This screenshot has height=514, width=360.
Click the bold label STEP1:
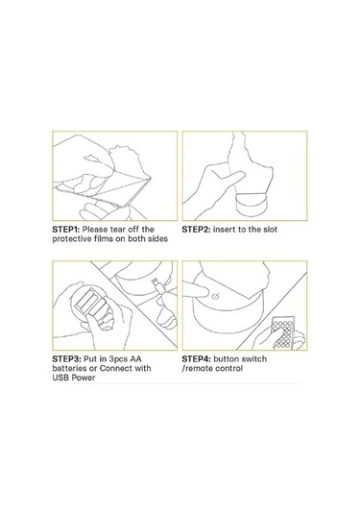click(x=66, y=230)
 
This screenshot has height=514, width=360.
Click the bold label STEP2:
click(x=196, y=230)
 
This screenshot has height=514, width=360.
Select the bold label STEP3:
click(x=66, y=359)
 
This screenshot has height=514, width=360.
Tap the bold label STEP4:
click(x=196, y=359)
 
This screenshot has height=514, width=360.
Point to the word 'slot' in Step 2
click(x=269, y=230)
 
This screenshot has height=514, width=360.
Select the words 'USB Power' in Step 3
click(x=74, y=378)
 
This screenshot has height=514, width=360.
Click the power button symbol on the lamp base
click(x=214, y=296)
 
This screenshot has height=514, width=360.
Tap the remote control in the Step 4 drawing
click(x=283, y=332)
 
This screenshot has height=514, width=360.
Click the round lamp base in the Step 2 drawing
click(x=252, y=205)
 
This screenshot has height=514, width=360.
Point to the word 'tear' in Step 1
click(x=117, y=230)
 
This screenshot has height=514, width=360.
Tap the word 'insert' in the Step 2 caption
click(x=224, y=230)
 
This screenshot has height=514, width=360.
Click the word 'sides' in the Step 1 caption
click(x=157, y=239)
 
